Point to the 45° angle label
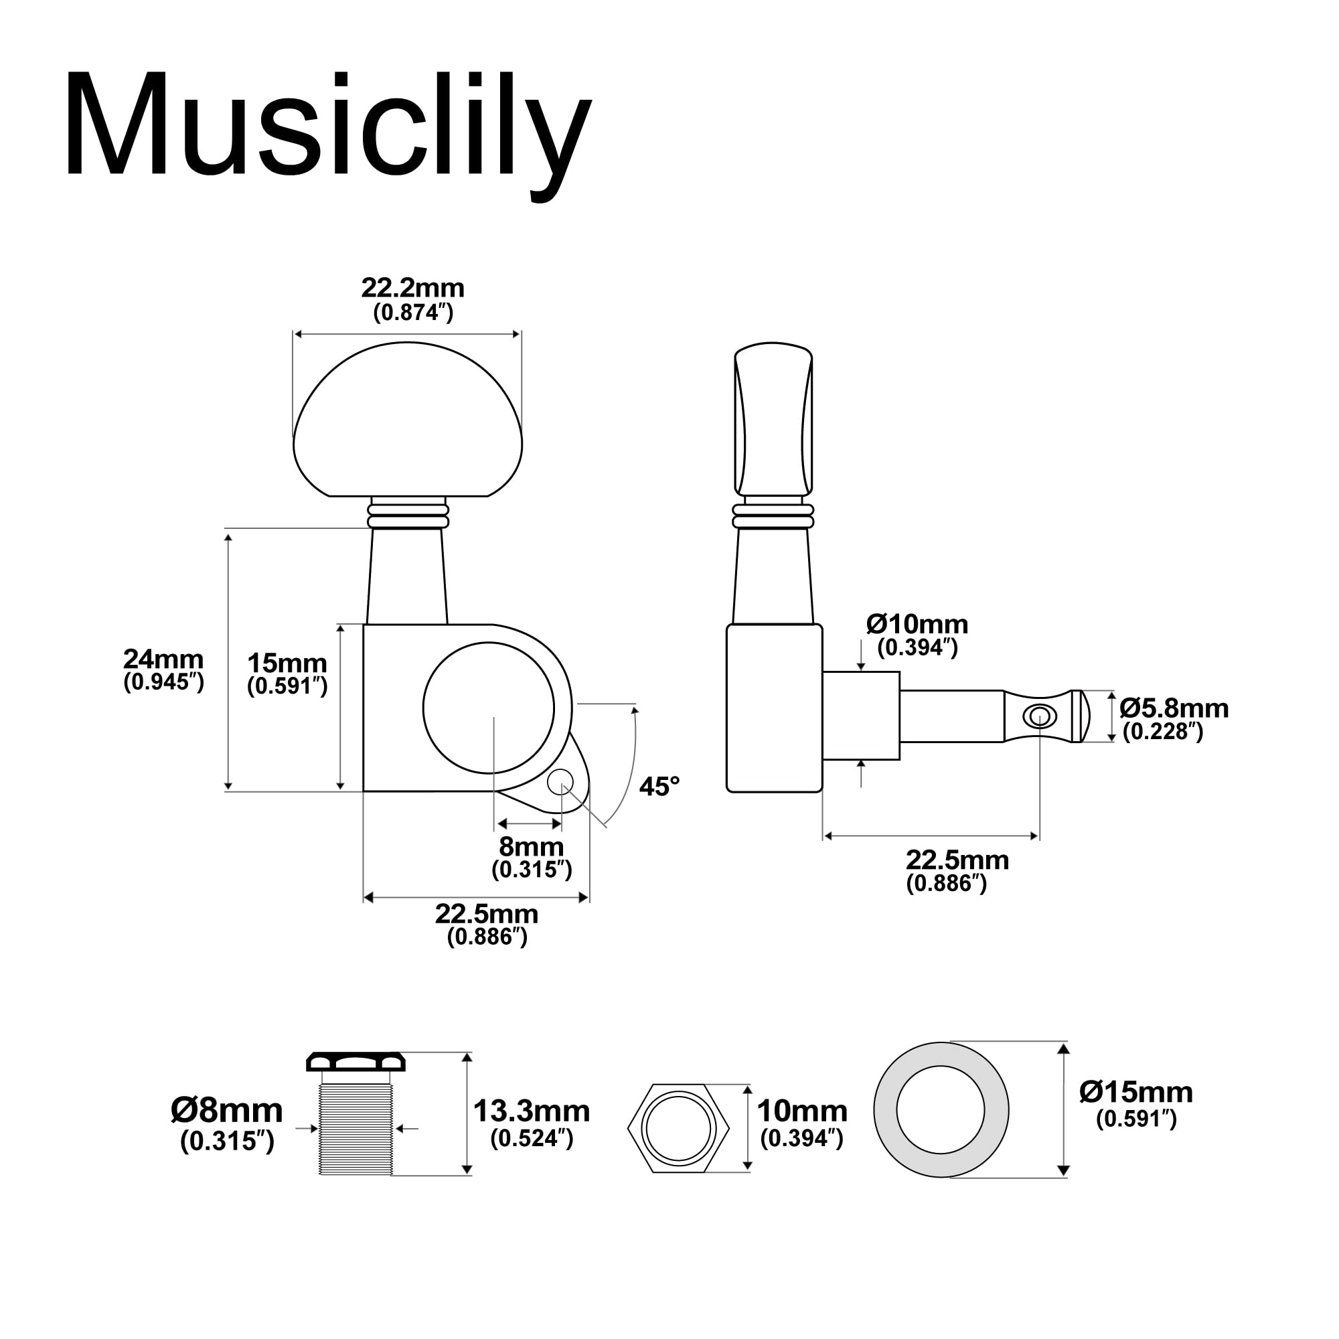point(659,787)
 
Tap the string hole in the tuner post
point(1040,716)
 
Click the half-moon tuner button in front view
point(408,419)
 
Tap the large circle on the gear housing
point(489,708)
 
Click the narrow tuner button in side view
point(773,419)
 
